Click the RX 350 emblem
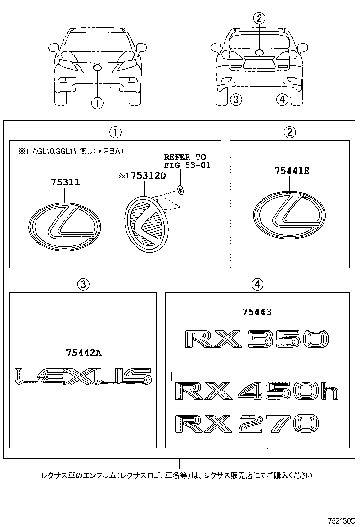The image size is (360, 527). pos(255,339)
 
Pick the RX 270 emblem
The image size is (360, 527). pos(246,423)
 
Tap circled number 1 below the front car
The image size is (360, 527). pos(98,102)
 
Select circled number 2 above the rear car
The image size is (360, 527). pos(259,19)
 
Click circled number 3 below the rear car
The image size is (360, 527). pos(236,100)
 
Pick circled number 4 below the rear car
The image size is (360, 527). pos(282,100)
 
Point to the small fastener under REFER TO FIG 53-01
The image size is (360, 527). pos(180,189)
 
